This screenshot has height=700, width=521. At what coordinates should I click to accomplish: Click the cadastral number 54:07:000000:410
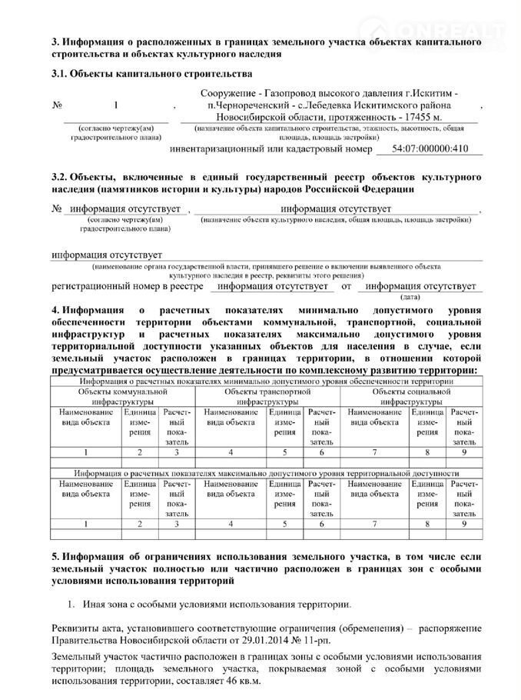430,148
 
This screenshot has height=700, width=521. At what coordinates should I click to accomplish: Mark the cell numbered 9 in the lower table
464,523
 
